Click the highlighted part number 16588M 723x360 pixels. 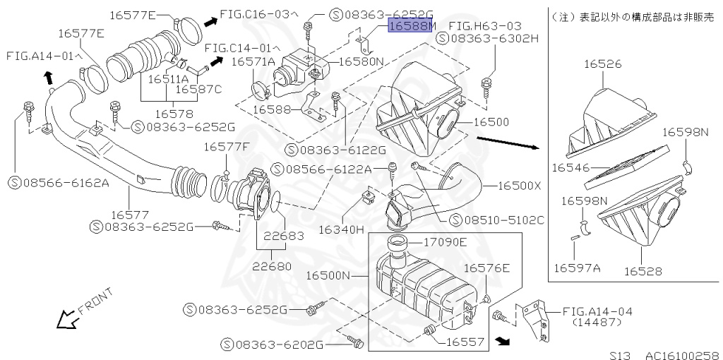pos(412,27)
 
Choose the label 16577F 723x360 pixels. pos(227,147)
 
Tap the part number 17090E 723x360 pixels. pos(445,242)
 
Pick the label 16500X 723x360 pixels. pos(519,186)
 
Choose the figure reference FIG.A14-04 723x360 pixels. pos(597,311)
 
